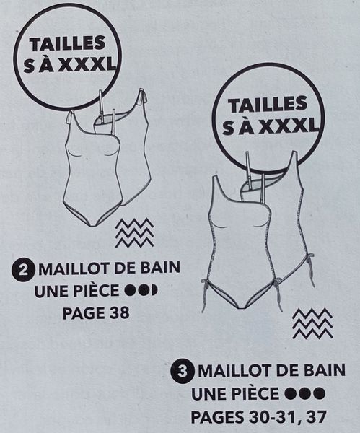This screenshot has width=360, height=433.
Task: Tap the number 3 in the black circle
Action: coord(183,372)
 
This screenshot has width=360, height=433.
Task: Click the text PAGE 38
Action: coord(96,313)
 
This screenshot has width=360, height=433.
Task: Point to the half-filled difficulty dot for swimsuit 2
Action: coord(154,291)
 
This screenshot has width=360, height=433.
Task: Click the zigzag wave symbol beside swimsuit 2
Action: coord(134,232)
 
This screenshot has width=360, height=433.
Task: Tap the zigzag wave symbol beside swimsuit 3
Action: coord(312,323)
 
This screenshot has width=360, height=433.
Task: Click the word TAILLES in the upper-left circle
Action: coord(67,43)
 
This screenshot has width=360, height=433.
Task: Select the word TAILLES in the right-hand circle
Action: coord(268,105)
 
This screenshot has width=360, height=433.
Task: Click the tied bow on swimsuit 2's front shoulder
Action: coord(70,118)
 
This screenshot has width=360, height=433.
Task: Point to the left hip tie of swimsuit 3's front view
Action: coord(206,293)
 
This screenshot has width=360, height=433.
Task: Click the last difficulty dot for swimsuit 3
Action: coord(320,393)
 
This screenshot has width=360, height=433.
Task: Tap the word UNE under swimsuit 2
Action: coord(51,291)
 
